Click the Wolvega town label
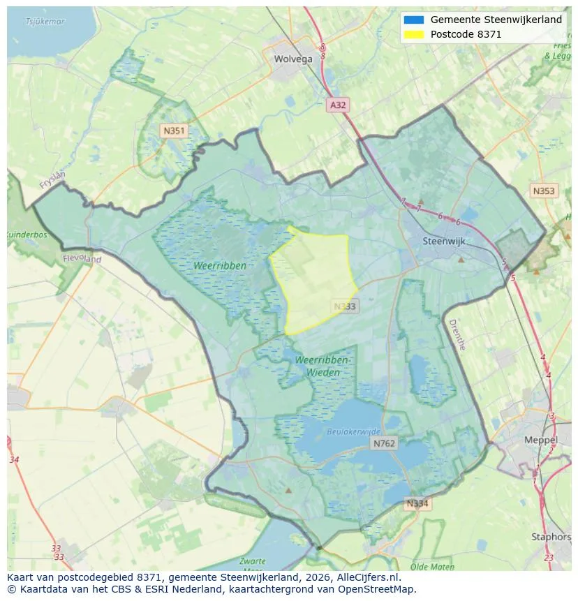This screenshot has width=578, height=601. [x=293, y=59]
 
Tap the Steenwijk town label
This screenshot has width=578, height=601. [x=444, y=242]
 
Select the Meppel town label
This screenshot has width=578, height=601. [x=541, y=440]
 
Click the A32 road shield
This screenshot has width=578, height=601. [x=338, y=105]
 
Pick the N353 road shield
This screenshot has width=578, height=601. [x=544, y=191]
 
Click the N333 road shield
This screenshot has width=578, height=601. [x=345, y=306]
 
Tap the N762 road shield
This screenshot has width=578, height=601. [x=384, y=443]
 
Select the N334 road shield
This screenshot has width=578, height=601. [x=418, y=503]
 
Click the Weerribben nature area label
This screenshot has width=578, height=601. [x=221, y=266]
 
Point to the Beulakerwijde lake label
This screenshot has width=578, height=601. [x=354, y=432]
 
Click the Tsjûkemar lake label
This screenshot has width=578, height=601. [x=45, y=22]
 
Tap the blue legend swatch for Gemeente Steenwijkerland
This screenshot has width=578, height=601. [x=413, y=20]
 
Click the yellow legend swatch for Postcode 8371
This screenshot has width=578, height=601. [x=413, y=34]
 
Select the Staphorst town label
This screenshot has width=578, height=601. [x=551, y=537]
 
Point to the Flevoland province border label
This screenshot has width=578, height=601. [x=82, y=259]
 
